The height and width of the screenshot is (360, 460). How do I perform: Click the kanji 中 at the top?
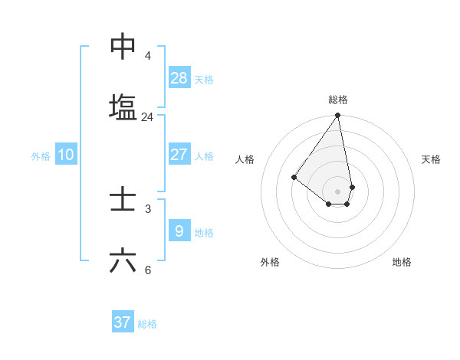(x=123, y=47)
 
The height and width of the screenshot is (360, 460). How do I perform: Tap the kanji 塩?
(x=123, y=107)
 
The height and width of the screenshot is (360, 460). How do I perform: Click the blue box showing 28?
(x=179, y=77)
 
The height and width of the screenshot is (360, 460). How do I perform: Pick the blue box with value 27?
(x=179, y=155)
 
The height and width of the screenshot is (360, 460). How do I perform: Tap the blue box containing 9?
(x=179, y=231)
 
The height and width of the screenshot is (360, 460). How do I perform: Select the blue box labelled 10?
(x=66, y=155)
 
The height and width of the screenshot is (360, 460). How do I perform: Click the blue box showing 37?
(x=123, y=322)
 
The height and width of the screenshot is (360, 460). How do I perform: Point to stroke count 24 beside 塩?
(x=147, y=117)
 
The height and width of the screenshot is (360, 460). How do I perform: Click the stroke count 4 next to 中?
(x=147, y=56)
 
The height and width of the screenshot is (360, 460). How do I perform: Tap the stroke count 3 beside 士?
(x=147, y=208)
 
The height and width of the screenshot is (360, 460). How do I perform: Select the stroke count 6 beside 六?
(x=147, y=270)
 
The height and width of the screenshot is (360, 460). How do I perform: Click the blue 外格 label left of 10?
(x=41, y=156)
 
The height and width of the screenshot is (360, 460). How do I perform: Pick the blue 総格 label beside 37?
(x=147, y=324)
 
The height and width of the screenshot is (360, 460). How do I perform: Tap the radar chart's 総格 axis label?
(x=338, y=100)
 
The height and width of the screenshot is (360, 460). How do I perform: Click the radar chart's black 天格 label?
(x=431, y=159)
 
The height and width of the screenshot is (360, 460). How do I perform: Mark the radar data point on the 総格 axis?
(x=337, y=116)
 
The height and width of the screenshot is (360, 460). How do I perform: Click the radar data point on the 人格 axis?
(x=294, y=177)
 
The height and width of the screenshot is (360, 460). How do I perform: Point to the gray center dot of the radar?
(x=337, y=191)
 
